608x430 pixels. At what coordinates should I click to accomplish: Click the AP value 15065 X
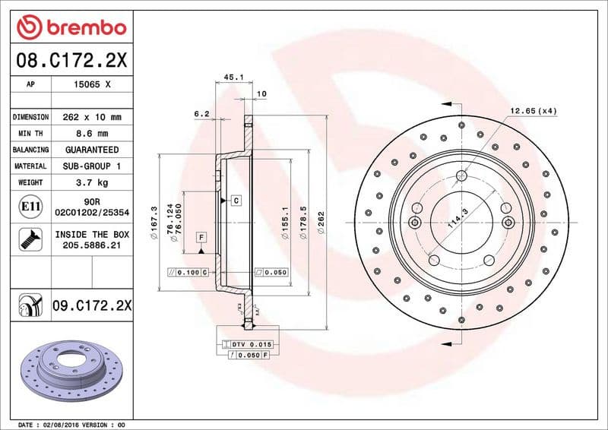[x=92, y=84]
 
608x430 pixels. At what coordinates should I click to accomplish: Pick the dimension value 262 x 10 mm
[x=92, y=117]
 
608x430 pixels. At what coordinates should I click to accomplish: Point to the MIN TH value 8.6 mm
[x=92, y=134]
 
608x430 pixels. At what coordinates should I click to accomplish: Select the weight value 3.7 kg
[x=92, y=182]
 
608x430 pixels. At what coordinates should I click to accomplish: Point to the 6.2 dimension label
[x=201, y=113]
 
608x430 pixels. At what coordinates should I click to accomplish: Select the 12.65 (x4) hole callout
[x=533, y=111]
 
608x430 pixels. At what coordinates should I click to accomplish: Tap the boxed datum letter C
[x=236, y=201]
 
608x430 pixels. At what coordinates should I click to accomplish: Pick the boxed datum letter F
[x=201, y=237]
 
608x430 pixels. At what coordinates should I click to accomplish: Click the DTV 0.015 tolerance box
[x=251, y=344]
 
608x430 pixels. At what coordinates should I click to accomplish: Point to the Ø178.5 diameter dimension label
[x=303, y=223]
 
